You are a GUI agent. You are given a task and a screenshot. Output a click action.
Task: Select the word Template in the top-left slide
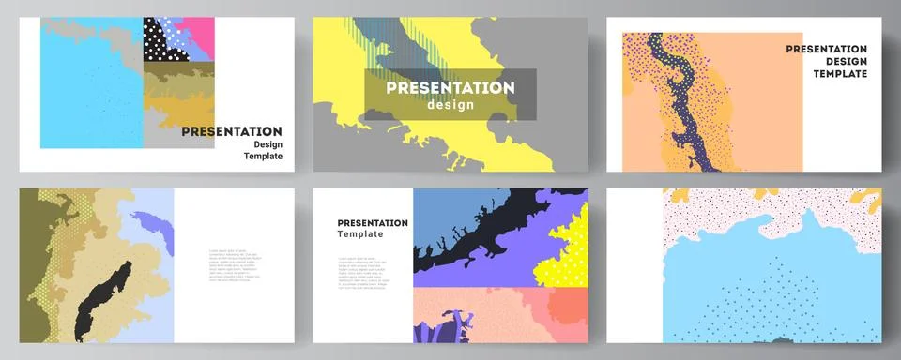[262, 159]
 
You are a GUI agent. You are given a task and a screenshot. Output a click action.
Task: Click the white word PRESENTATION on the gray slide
[451, 87]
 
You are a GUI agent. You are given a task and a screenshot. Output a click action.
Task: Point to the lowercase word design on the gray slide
[451, 105]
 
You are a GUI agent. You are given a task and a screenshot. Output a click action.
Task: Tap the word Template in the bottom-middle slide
[362, 234]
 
